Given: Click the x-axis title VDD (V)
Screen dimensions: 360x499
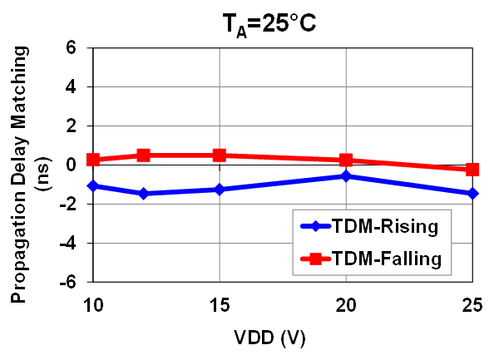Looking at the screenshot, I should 282,339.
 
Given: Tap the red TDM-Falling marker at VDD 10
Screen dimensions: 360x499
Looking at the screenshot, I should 93,160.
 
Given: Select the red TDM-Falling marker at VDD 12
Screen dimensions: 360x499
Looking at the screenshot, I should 143,155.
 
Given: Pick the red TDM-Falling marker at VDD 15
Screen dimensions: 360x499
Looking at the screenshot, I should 220,155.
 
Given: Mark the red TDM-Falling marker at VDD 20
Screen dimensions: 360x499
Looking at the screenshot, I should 346,160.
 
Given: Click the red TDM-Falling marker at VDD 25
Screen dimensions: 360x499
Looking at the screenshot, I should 472,170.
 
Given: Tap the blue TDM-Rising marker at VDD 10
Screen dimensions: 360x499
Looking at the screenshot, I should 93,185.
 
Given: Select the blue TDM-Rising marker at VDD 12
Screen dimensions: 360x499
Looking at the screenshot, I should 143,194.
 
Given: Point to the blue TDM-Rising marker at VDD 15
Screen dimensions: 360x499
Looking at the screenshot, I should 220,190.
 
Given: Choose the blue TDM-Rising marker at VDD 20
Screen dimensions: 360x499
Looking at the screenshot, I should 346,176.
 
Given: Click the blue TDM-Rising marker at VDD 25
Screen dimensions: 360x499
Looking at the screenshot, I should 472,194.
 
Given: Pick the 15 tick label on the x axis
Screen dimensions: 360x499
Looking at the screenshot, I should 220,306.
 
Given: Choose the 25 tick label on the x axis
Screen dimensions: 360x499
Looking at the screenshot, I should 472,306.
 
